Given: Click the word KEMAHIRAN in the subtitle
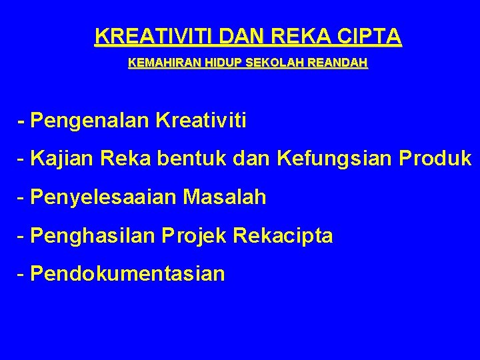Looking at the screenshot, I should point(157,65).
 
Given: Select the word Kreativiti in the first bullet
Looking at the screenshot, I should point(201,121).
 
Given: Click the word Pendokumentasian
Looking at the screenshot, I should point(127,274).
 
